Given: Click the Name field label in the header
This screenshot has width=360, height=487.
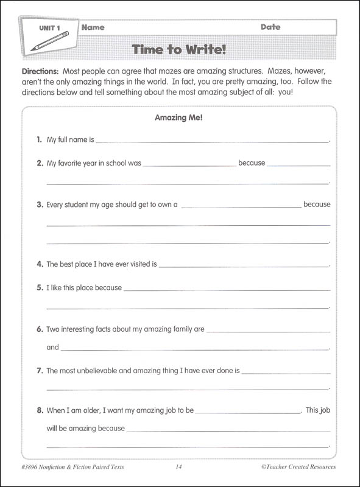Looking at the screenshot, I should pyautogui.click(x=93, y=27).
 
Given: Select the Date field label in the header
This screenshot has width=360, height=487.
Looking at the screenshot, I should pyautogui.click(x=270, y=27).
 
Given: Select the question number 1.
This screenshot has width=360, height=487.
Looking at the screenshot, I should pyautogui.click(x=40, y=140).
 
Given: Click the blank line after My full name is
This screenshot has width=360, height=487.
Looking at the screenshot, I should pyautogui.click(x=212, y=141).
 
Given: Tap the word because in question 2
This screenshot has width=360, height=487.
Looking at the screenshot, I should pyautogui.click(x=252, y=163).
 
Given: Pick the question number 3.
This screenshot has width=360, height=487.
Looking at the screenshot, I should pyautogui.click(x=40, y=205).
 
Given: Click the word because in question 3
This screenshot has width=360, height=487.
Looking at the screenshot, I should pyautogui.click(x=317, y=205).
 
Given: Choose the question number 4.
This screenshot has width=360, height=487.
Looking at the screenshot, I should pyautogui.click(x=40, y=264).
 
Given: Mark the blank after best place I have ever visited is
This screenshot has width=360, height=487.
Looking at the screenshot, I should pyautogui.click(x=243, y=266).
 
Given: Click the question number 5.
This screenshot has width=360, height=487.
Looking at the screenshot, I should pyautogui.click(x=40, y=287).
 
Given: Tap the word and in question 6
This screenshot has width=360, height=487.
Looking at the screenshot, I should pyautogui.click(x=53, y=348).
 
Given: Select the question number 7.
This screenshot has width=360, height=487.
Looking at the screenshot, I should pyautogui.click(x=40, y=370).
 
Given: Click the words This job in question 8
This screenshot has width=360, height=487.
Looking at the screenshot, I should pyautogui.click(x=317, y=410).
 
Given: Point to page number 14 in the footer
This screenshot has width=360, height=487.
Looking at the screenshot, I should pyautogui.click(x=178, y=468).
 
